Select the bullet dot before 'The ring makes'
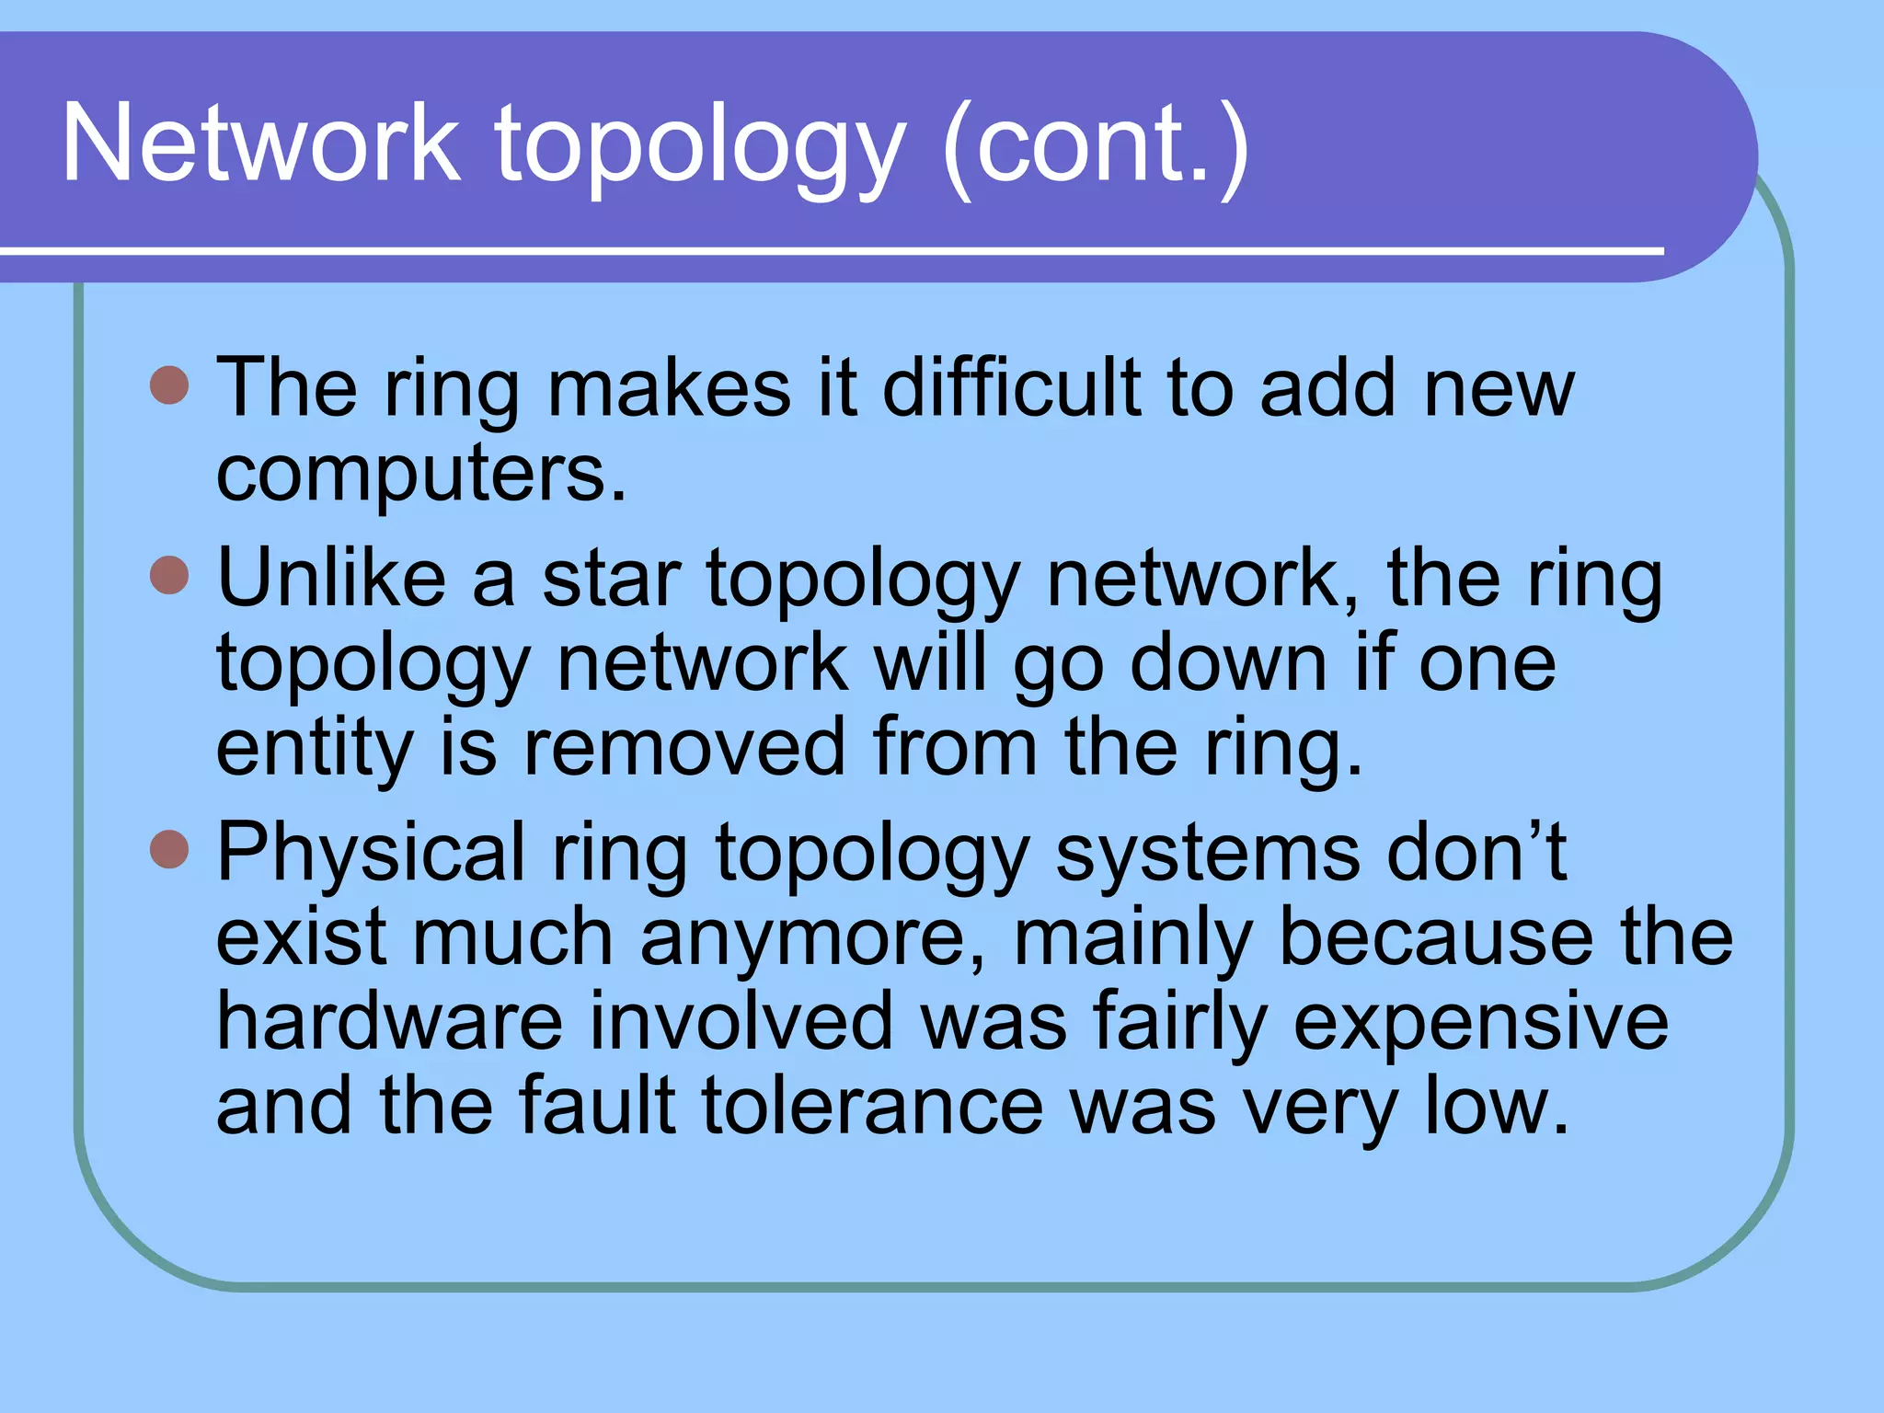coord(169,385)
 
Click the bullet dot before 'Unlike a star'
coord(169,576)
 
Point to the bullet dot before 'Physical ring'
coord(169,849)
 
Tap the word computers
coord(420,473)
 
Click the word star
coord(611,580)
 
